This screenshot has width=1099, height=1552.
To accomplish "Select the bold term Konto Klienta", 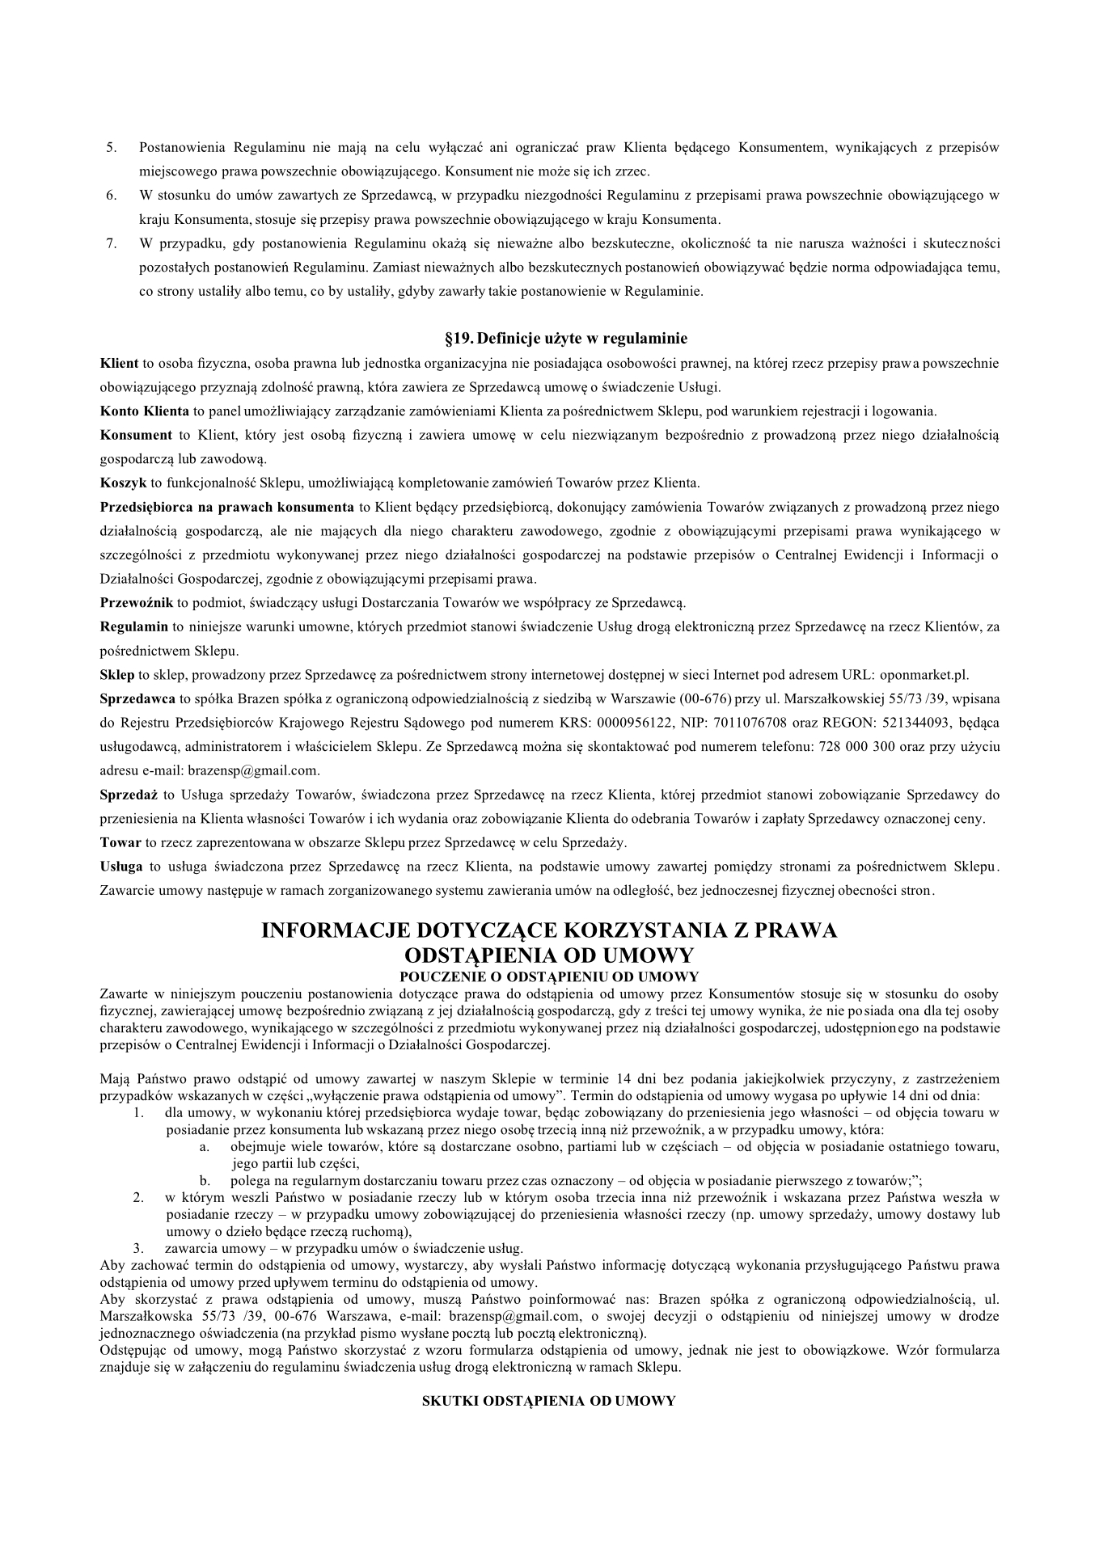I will pyautogui.click(x=144, y=411).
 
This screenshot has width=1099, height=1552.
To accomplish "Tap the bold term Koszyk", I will pyautogui.click(x=123, y=483).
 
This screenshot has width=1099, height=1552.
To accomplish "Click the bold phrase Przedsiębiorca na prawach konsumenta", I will pyautogui.click(x=226, y=507).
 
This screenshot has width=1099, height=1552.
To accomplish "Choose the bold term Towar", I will pyautogui.click(x=120, y=842).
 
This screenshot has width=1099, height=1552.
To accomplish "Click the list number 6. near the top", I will pyautogui.click(x=112, y=195).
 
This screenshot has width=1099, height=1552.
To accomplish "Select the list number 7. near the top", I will pyautogui.click(x=112, y=242).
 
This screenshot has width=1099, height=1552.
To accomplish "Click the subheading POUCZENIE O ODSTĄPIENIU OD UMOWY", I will pyautogui.click(x=549, y=976).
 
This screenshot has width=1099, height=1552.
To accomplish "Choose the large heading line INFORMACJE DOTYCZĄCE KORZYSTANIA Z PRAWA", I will pyautogui.click(x=549, y=930).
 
